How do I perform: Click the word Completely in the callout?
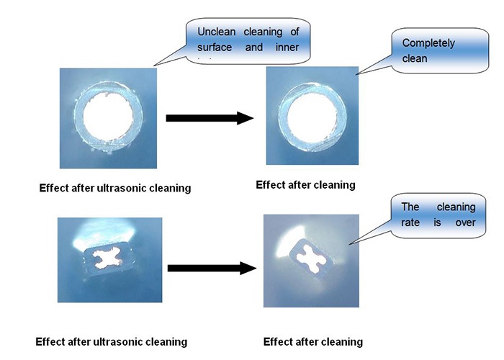[x=429, y=43]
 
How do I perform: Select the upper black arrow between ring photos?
[x=210, y=118]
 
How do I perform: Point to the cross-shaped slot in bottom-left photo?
[x=109, y=258]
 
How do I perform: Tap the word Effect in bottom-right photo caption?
[x=278, y=342]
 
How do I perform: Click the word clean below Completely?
[x=415, y=58]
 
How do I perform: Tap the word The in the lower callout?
[x=411, y=207]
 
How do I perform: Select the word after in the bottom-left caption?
[x=81, y=342]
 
